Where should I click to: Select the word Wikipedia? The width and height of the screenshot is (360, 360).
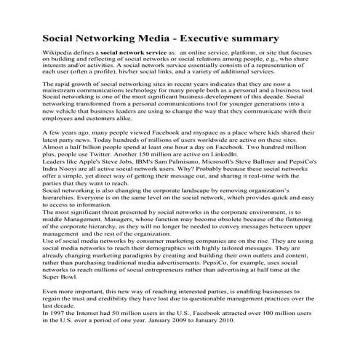point(62,54)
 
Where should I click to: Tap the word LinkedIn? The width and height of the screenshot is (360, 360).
point(220,152)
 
